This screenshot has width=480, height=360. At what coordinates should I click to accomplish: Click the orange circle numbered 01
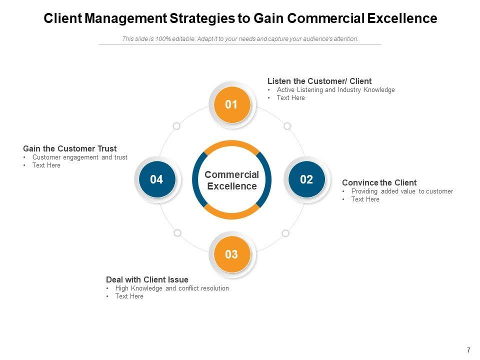pos(232,104)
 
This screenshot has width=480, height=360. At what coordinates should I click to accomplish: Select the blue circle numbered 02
pos(306,179)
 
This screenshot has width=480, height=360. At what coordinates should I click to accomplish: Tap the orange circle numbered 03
pos(232,254)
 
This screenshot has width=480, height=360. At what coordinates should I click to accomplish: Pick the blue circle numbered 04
pos(157,179)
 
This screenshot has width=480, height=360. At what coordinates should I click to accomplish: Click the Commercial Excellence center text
pos(231,180)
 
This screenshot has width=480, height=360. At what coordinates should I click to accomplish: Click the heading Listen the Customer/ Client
pos(319,81)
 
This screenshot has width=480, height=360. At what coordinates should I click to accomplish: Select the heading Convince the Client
pos(379,183)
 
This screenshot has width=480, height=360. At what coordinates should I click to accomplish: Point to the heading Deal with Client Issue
pos(147,279)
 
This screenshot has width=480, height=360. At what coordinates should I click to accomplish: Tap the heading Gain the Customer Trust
pos(70,149)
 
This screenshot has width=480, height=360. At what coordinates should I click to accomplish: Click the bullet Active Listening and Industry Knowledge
pos(336,89)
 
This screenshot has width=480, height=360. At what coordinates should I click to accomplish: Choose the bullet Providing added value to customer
pos(402,191)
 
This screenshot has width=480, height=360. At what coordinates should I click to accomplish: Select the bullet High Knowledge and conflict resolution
pos(172,288)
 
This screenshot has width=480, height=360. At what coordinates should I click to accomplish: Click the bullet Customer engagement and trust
pos(79,157)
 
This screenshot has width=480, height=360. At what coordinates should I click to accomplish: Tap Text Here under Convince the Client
pos(365,199)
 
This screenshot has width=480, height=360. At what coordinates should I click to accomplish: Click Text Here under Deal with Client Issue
pos(129,296)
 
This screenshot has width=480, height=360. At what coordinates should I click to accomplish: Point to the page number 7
pos(468,350)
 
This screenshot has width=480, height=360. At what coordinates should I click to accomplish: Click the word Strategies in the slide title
pos(202,18)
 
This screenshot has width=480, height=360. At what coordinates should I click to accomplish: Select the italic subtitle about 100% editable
pos(240,39)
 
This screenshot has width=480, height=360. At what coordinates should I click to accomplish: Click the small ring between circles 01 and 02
pos(287,126)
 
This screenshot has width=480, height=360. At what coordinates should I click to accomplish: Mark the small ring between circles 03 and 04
pos(177,233)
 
